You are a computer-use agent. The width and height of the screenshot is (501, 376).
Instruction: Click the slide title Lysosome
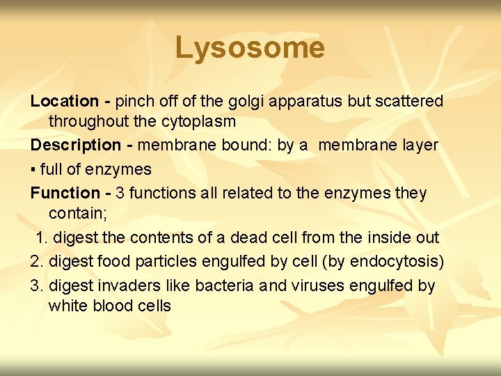point(250,48)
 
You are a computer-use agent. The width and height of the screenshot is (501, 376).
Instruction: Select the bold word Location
point(65,102)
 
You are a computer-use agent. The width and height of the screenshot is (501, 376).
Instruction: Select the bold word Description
point(76,146)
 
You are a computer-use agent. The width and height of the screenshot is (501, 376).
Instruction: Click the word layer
point(417,146)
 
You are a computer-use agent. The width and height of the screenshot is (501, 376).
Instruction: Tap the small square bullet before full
point(33,170)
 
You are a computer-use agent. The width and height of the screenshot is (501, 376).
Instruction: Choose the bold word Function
point(65,193)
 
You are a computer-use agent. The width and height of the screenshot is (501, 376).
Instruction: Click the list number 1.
point(41,237)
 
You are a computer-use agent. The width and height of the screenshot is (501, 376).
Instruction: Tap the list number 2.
point(36,262)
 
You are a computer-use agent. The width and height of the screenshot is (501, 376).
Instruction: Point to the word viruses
point(317,285)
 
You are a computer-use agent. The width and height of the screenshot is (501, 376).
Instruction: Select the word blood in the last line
point(111,306)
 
